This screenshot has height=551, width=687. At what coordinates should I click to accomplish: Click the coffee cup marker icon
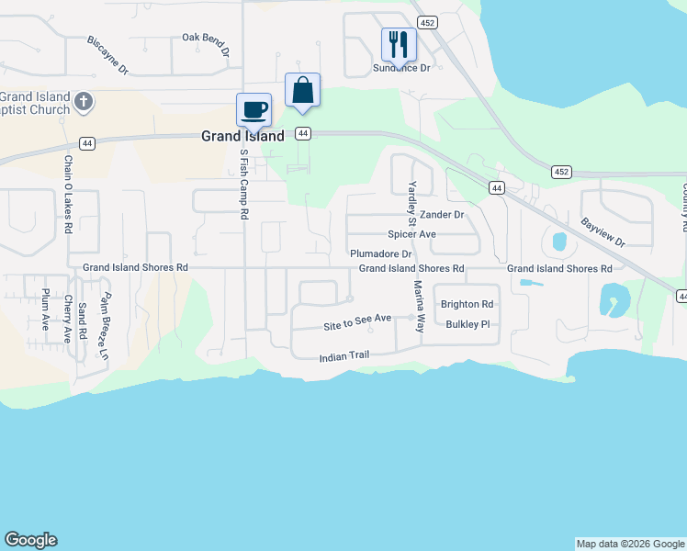tap(253, 109)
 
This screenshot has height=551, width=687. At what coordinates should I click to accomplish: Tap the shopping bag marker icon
tap(302, 90)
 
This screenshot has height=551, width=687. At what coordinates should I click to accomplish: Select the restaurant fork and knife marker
tap(399, 43)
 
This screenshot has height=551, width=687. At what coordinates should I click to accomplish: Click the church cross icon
tap(84, 101)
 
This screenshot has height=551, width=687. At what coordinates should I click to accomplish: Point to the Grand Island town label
tap(242, 136)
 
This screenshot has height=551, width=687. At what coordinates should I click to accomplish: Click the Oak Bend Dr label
tap(205, 39)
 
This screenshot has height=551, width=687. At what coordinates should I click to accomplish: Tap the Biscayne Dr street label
tap(107, 55)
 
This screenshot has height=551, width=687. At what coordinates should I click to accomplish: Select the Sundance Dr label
tap(401, 68)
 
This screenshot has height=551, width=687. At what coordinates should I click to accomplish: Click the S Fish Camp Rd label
tap(244, 184)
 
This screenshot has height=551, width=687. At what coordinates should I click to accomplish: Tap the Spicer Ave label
tap(411, 234)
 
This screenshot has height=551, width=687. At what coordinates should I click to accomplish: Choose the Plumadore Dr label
tap(381, 253)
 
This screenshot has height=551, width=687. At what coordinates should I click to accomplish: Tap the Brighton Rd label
tap(467, 304)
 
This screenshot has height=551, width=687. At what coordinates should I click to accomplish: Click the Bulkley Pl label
tap(468, 324)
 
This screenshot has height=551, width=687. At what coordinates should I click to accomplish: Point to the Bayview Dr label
tap(603, 231)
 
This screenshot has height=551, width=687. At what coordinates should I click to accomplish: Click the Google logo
tap(30, 540)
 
